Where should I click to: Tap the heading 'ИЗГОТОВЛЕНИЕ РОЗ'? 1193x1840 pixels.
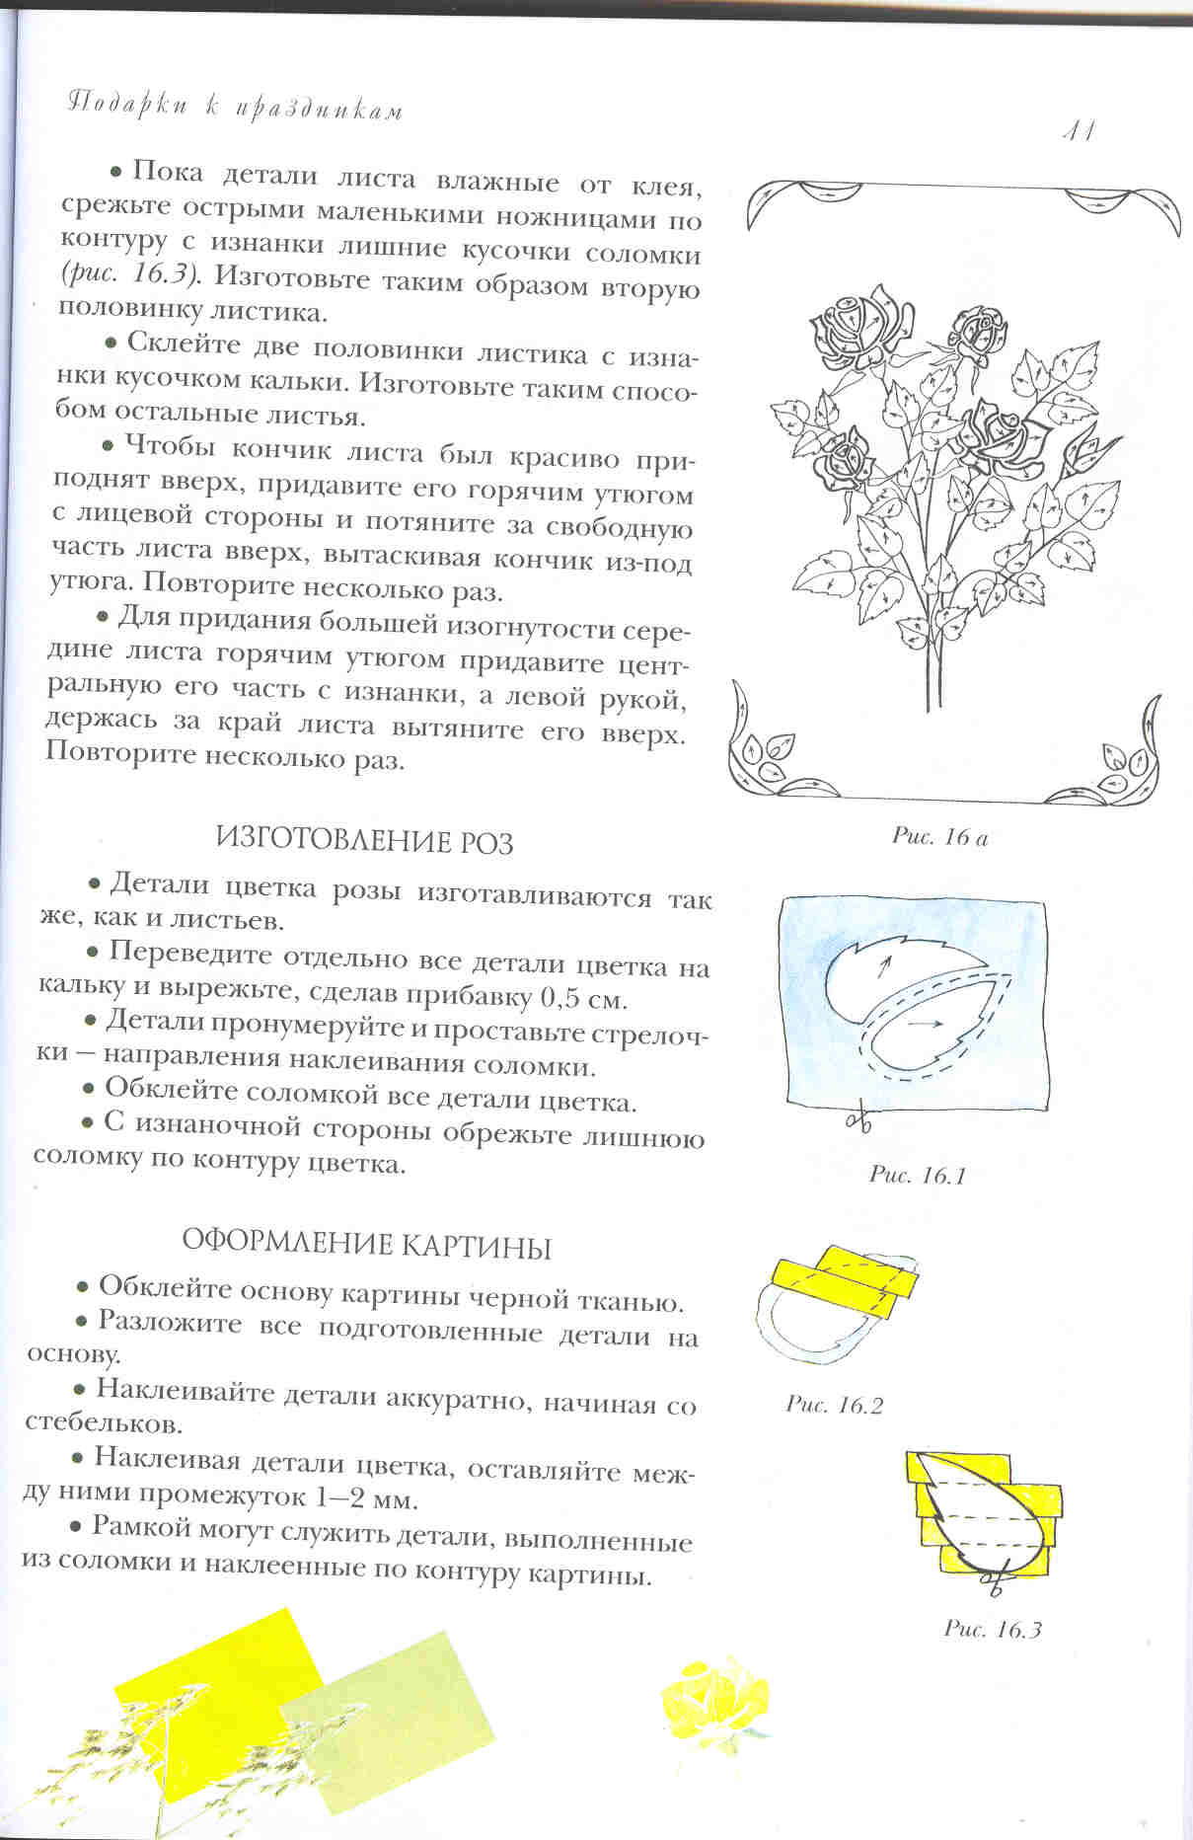pos(365,842)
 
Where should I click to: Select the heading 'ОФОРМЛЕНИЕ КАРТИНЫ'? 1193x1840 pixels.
pos(367,1245)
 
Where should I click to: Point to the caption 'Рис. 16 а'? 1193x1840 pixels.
pos(939,837)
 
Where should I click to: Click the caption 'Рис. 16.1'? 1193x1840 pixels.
pos(917,1175)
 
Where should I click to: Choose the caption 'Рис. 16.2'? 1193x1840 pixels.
pos(834,1404)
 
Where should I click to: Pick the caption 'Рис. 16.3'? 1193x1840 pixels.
pos(992,1629)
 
